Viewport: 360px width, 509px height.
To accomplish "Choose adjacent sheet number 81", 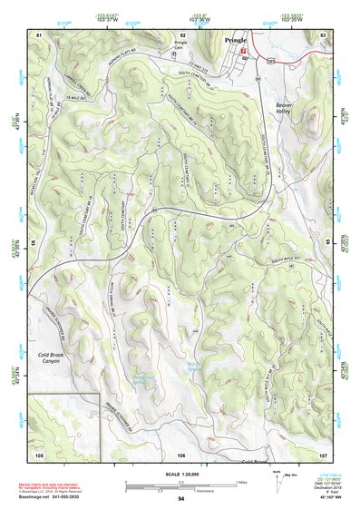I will [39, 34].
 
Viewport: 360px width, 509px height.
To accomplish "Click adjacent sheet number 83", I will [323, 34].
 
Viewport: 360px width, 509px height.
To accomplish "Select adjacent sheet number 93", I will [34, 243].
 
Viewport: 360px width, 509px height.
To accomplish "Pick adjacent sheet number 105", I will [39, 453].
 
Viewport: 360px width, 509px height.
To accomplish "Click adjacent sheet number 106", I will [181, 453].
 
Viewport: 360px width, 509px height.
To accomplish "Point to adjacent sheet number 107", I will [323, 453].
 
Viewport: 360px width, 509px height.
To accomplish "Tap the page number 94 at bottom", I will [180, 499].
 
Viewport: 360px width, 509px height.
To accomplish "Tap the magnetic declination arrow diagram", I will [285, 478].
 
